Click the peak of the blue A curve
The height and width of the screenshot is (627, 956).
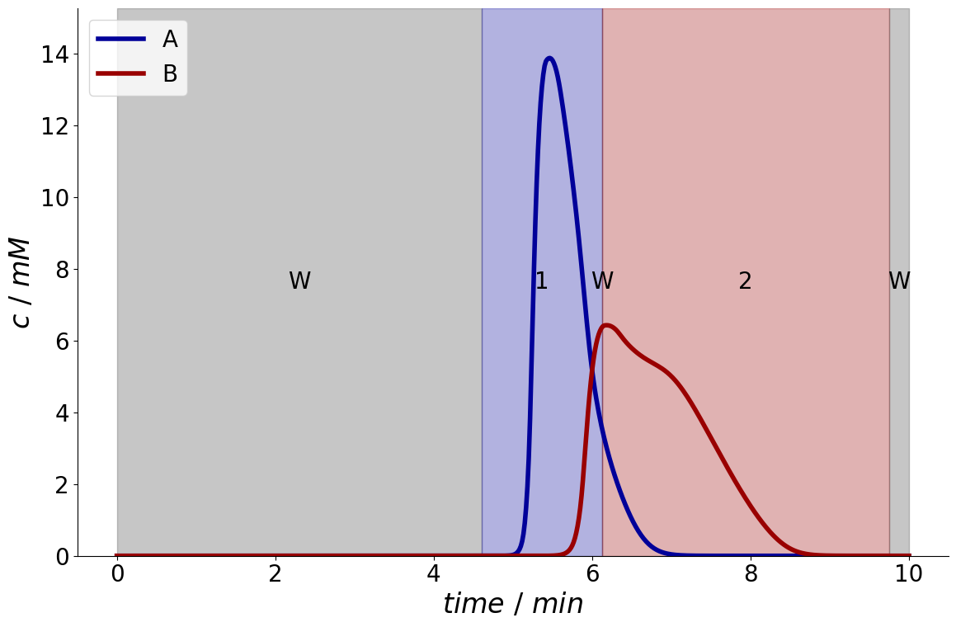(549, 59)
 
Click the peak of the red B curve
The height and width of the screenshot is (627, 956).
(606, 325)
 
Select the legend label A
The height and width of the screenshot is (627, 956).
(170, 40)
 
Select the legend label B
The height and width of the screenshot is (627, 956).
(170, 73)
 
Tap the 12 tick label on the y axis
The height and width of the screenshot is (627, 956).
(54, 126)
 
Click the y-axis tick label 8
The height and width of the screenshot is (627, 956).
(62, 270)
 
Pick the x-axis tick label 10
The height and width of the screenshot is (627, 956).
(909, 574)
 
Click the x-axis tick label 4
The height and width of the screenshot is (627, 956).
(434, 574)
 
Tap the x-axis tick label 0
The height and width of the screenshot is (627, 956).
(117, 574)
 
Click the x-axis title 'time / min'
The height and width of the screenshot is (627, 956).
(513, 604)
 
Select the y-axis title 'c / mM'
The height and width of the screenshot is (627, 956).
(22, 284)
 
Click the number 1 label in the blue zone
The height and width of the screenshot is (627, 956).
(541, 280)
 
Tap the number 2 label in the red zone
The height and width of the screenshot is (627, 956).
(745, 280)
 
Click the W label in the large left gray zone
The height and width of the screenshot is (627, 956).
(299, 280)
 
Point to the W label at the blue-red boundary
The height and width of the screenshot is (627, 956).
(602, 280)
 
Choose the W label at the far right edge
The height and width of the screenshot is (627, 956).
(899, 280)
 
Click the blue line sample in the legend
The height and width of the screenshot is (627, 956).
(120, 39)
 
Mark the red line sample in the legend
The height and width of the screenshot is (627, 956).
(120, 73)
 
